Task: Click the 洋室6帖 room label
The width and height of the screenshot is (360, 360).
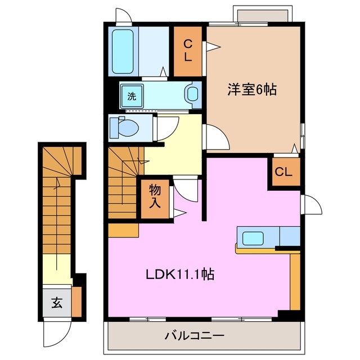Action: tap(252, 89)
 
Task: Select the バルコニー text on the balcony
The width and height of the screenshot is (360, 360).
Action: tap(194, 336)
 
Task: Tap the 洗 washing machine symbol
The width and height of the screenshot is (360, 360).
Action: tap(132, 96)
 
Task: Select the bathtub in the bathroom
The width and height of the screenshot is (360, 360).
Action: tap(123, 49)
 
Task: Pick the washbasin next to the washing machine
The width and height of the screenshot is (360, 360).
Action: tap(193, 94)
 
